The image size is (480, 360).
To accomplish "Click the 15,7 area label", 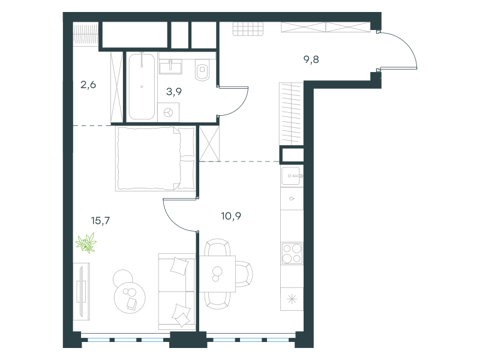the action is pyautogui.click(x=100, y=220).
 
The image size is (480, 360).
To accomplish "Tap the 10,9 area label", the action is pyautogui.click(x=231, y=216).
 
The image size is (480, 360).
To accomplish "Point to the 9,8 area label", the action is pyautogui.click(x=311, y=59).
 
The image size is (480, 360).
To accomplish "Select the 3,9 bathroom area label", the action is pyautogui.click(x=174, y=92).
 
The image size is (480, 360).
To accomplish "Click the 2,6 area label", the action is pyautogui.click(x=88, y=85).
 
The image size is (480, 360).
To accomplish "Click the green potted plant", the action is pyautogui.click(x=86, y=243).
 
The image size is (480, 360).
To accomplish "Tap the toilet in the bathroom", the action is pyautogui.click(x=202, y=70).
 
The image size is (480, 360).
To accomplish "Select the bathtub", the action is pyautogui.click(x=142, y=86).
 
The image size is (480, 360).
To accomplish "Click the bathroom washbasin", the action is pyautogui.click(x=170, y=66).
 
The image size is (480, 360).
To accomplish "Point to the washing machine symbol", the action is pyautogui.click(x=169, y=113).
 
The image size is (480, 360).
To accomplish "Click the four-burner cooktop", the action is pyautogui.click(x=292, y=253).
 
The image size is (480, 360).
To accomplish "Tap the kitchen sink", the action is pyautogui.click(x=292, y=176).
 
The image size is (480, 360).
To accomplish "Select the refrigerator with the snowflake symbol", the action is pyautogui.click(x=292, y=299).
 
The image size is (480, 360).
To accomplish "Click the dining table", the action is pyautogui.click(x=217, y=274).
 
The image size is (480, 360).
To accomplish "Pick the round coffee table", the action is pyautogui.click(x=130, y=297).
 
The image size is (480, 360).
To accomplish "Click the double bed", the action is pyautogui.click(x=155, y=159).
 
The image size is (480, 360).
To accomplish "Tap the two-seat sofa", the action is pyautogui.click(x=177, y=292).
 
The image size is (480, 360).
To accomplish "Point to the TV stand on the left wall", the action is pyautogui.click(x=82, y=292).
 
